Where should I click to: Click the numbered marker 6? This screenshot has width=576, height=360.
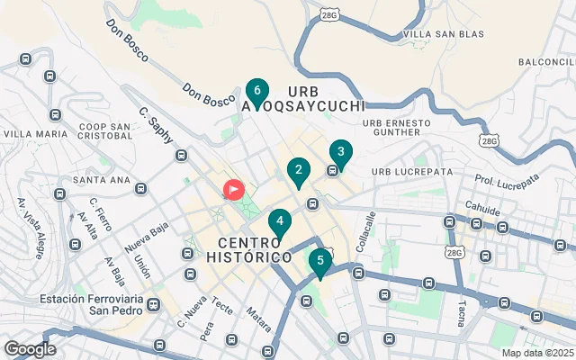(257, 92)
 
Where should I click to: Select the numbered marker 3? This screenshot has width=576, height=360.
(340, 152)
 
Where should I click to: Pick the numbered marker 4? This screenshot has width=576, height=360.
(280, 221)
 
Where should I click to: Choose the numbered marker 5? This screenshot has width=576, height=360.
(319, 261)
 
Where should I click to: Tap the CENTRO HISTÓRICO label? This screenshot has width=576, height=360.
(255, 250)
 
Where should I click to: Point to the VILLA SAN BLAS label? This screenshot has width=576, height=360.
(444, 34)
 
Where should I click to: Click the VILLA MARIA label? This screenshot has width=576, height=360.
(35, 134)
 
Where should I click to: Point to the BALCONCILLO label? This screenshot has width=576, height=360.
(547, 61)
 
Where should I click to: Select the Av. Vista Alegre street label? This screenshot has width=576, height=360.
(34, 233)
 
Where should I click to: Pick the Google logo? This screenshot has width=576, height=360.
(30, 349)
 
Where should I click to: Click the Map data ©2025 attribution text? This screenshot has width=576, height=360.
(537, 354)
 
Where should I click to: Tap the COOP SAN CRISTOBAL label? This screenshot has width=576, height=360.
(105, 132)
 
